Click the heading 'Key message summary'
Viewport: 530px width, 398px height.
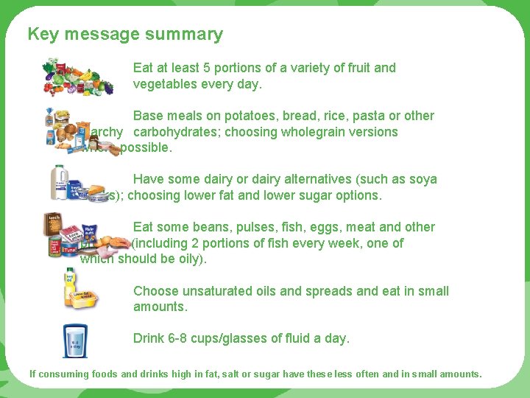(125, 34)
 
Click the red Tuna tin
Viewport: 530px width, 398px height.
(68, 251)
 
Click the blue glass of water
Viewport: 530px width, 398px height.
(74, 340)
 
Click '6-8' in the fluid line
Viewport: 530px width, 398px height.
(181, 338)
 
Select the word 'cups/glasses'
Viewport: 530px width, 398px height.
(233, 338)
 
